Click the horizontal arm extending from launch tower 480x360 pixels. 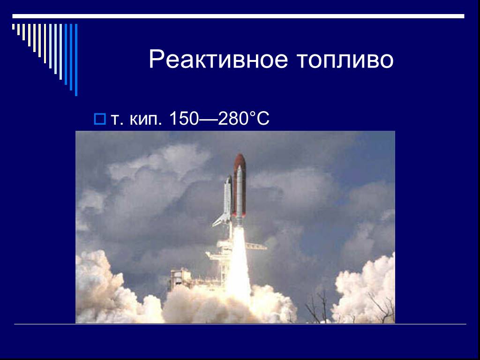255,246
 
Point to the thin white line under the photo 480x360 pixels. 240,324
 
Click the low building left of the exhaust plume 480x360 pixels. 185,279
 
